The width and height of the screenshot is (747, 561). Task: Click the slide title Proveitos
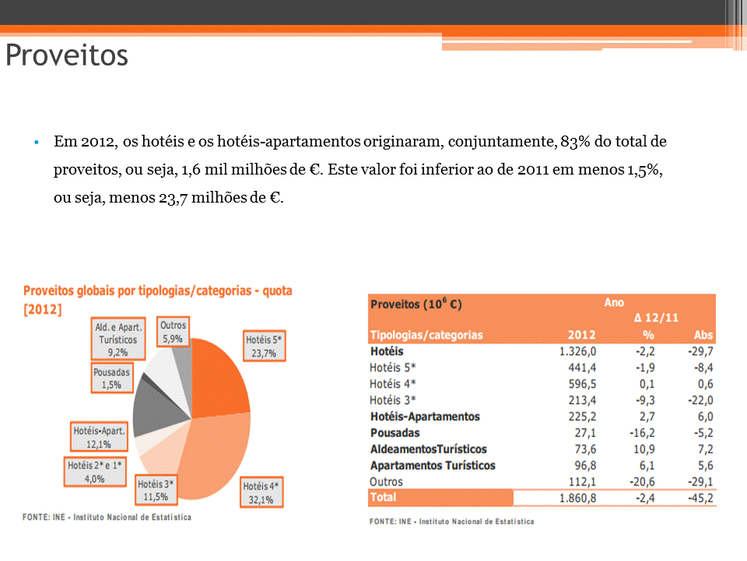point(67,56)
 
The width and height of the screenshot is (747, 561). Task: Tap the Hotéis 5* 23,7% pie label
point(265,346)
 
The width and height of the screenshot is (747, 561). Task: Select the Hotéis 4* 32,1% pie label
point(261,492)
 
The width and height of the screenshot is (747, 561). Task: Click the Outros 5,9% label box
point(173,332)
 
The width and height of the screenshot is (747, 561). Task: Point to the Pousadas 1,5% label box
point(112,378)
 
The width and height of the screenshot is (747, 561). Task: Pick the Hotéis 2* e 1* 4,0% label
point(96,471)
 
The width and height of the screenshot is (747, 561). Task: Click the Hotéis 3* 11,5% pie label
point(156,489)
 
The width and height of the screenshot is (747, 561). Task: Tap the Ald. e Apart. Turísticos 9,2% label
point(118,340)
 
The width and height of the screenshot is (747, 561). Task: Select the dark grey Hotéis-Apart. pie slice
point(152,409)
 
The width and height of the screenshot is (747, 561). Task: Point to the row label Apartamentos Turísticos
point(433,465)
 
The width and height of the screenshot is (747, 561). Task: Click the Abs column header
point(703,335)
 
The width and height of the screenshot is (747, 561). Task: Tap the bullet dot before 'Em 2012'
point(36,143)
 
